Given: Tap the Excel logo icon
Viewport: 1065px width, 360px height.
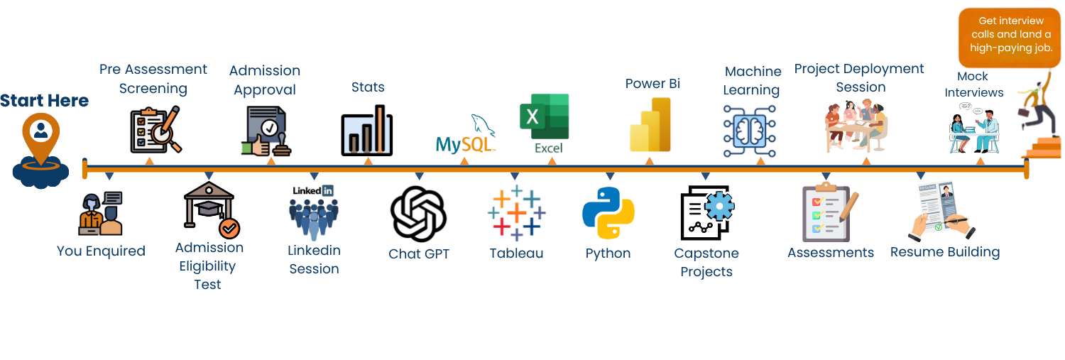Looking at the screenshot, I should click(x=545, y=117).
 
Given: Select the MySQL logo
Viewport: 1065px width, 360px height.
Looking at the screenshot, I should click(x=466, y=135).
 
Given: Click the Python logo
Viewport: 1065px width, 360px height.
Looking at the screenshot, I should click(x=608, y=212).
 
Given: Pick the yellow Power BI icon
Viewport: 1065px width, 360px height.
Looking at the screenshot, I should click(x=650, y=125).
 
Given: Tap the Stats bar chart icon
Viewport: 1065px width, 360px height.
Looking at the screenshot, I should click(x=367, y=131).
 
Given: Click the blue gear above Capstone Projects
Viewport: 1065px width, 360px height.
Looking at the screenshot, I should click(x=719, y=206).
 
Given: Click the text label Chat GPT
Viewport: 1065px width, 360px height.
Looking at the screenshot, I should click(x=419, y=254).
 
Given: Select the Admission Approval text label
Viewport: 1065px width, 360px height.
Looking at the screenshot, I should click(x=265, y=80).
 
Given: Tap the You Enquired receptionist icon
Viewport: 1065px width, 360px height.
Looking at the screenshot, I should click(x=101, y=214).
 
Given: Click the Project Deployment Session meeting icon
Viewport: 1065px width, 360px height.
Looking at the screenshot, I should click(x=856, y=126).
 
